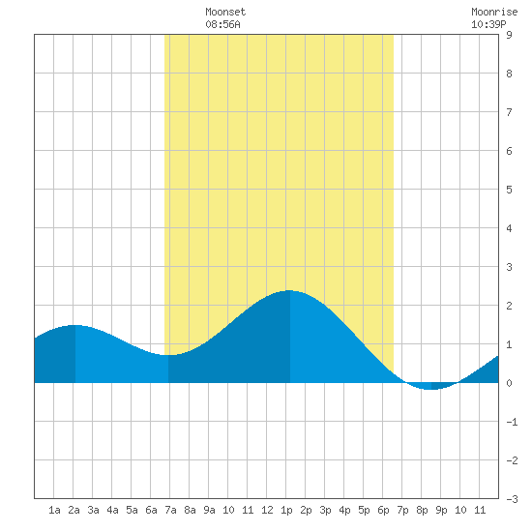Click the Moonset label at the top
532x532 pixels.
click(225, 12)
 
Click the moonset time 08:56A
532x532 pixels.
click(222, 24)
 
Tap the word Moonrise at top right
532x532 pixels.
click(494, 12)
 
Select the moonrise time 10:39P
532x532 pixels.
click(488, 24)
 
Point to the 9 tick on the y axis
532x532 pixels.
click(509, 35)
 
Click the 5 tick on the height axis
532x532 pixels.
click(509, 190)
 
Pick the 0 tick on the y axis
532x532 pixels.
click(509, 383)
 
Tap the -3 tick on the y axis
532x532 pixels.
click(512, 499)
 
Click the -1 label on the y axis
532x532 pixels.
click(512, 422)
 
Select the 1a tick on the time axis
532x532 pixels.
click(54, 510)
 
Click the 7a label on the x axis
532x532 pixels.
click(170, 510)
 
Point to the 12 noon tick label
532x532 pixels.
click(267, 510)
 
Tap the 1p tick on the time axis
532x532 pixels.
click(286, 511)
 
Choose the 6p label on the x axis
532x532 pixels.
click(383, 511)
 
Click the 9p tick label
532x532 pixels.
click(441, 511)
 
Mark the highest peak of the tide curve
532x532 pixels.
click(289, 291)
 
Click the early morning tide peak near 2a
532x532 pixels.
click(75, 325)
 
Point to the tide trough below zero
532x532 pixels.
click(430, 389)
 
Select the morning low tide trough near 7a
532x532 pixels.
click(168, 355)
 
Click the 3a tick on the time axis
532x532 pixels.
click(93, 510)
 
